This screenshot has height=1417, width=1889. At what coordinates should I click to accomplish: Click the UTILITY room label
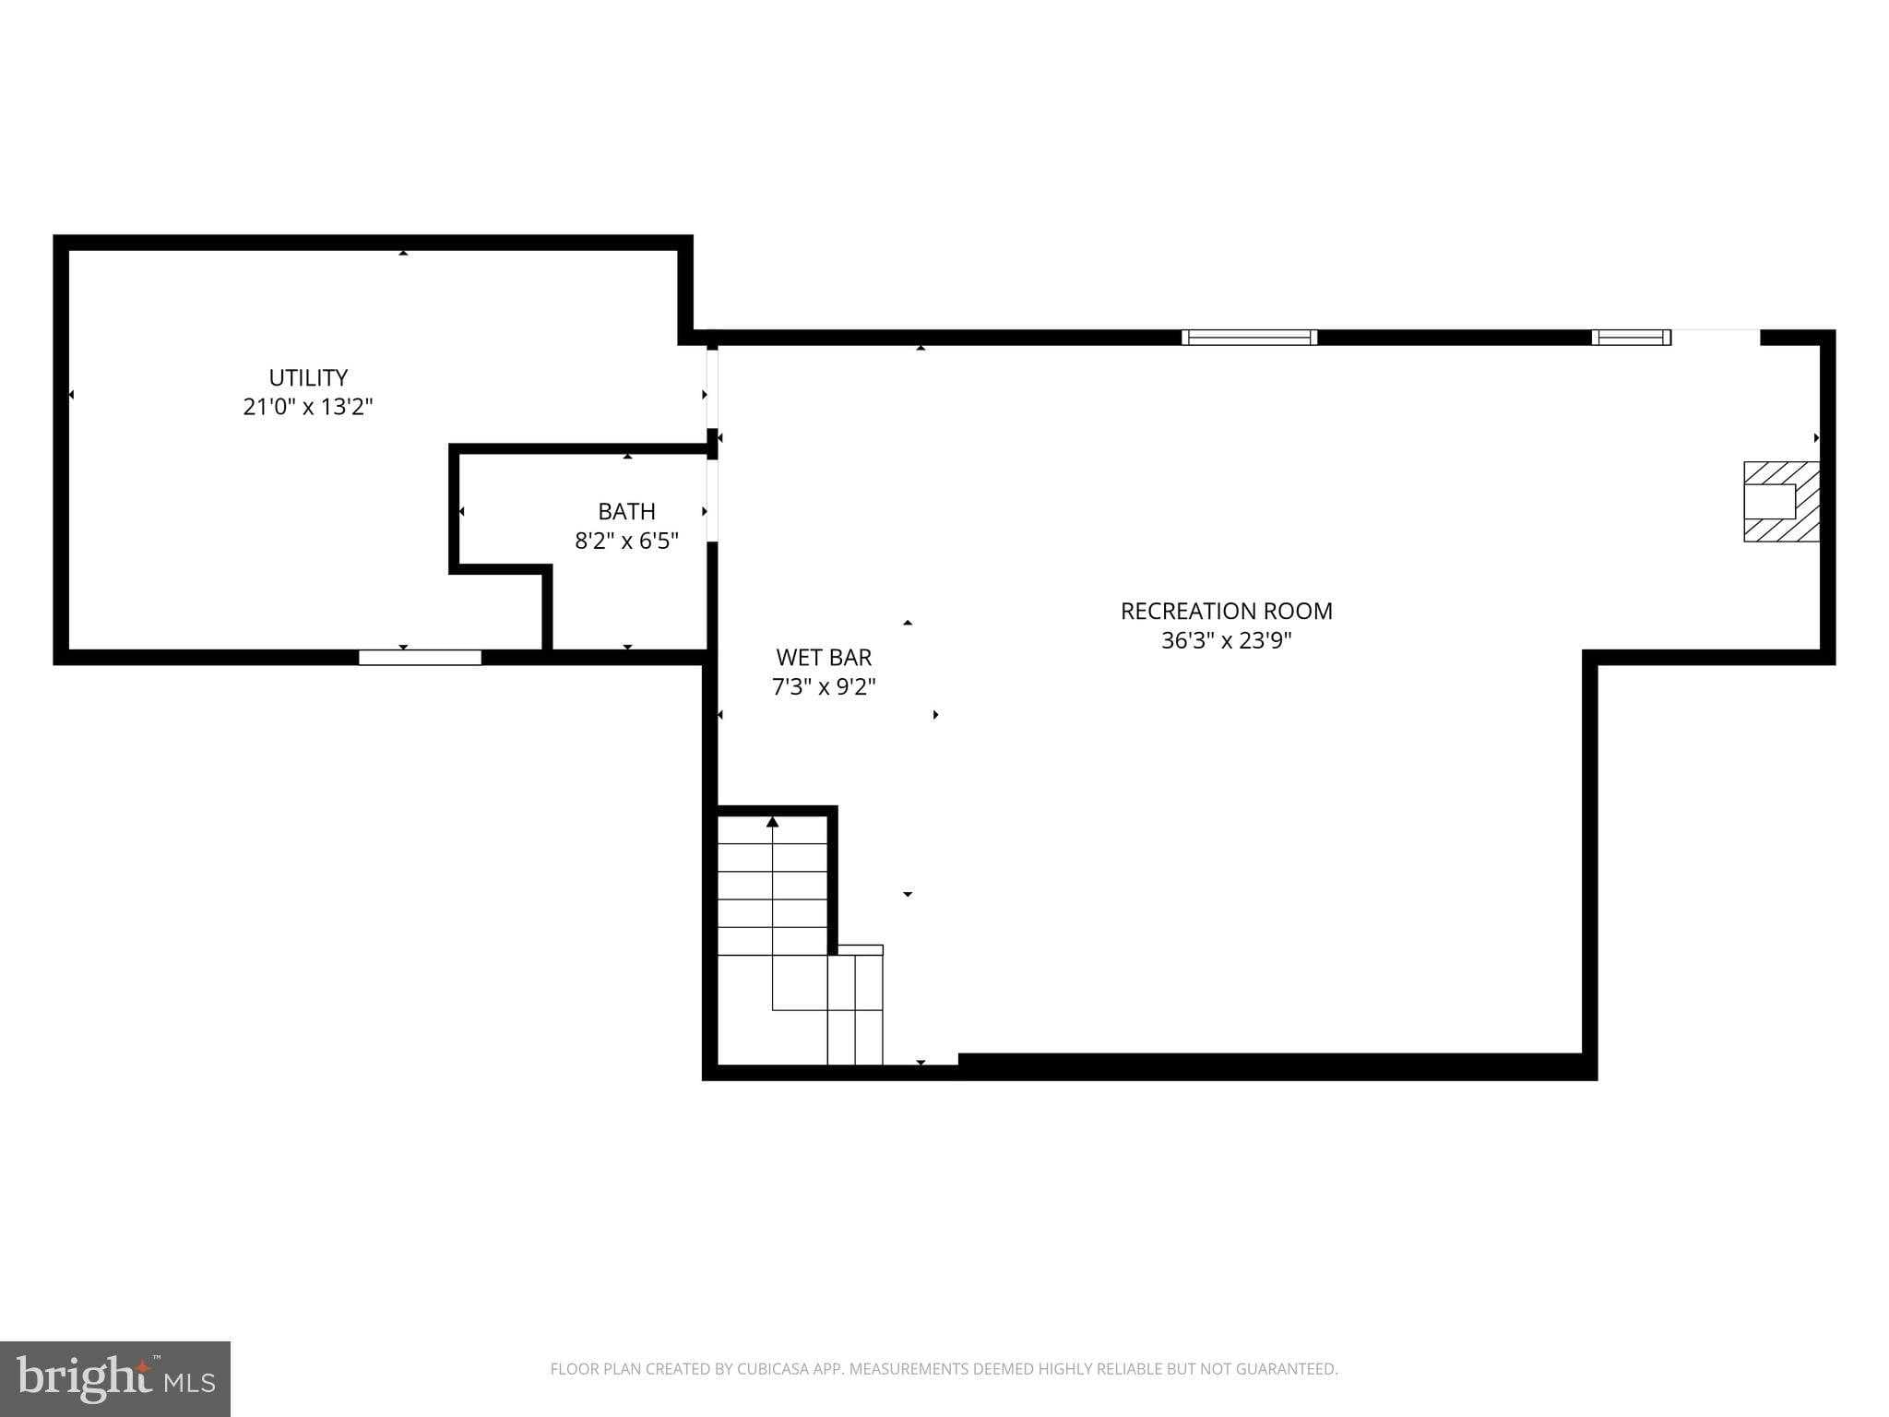[x=308, y=377]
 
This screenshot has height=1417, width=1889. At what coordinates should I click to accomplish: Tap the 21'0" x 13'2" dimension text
[x=308, y=407]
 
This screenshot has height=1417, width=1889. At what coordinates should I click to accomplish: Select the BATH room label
[x=626, y=511]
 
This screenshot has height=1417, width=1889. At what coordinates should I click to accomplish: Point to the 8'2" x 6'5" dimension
[x=626, y=541]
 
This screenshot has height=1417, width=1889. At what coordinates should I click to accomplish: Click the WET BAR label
[x=824, y=657]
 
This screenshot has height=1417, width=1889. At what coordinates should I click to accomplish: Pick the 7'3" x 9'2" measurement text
[x=824, y=686]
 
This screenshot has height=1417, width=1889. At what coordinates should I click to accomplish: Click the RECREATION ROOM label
[x=1226, y=611]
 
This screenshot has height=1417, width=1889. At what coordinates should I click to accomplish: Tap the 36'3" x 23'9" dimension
[x=1226, y=640]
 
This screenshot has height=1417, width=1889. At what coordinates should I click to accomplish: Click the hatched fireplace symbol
[x=1780, y=501]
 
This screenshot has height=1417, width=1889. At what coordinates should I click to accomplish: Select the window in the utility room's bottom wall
[x=420, y=657]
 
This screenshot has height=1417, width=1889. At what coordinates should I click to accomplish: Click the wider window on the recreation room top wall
[x=1249, y=337]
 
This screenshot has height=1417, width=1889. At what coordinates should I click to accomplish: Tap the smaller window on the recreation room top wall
[x=1631, y=337]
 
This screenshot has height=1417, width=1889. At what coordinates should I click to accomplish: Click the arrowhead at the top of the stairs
[x=772, y=821]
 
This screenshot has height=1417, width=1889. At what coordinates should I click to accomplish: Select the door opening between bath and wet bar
[x=712, y=500]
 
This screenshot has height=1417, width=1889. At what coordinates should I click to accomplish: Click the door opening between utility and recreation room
[x=712, y=387]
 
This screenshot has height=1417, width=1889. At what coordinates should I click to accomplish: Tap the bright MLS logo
[x=114, y=1378]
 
